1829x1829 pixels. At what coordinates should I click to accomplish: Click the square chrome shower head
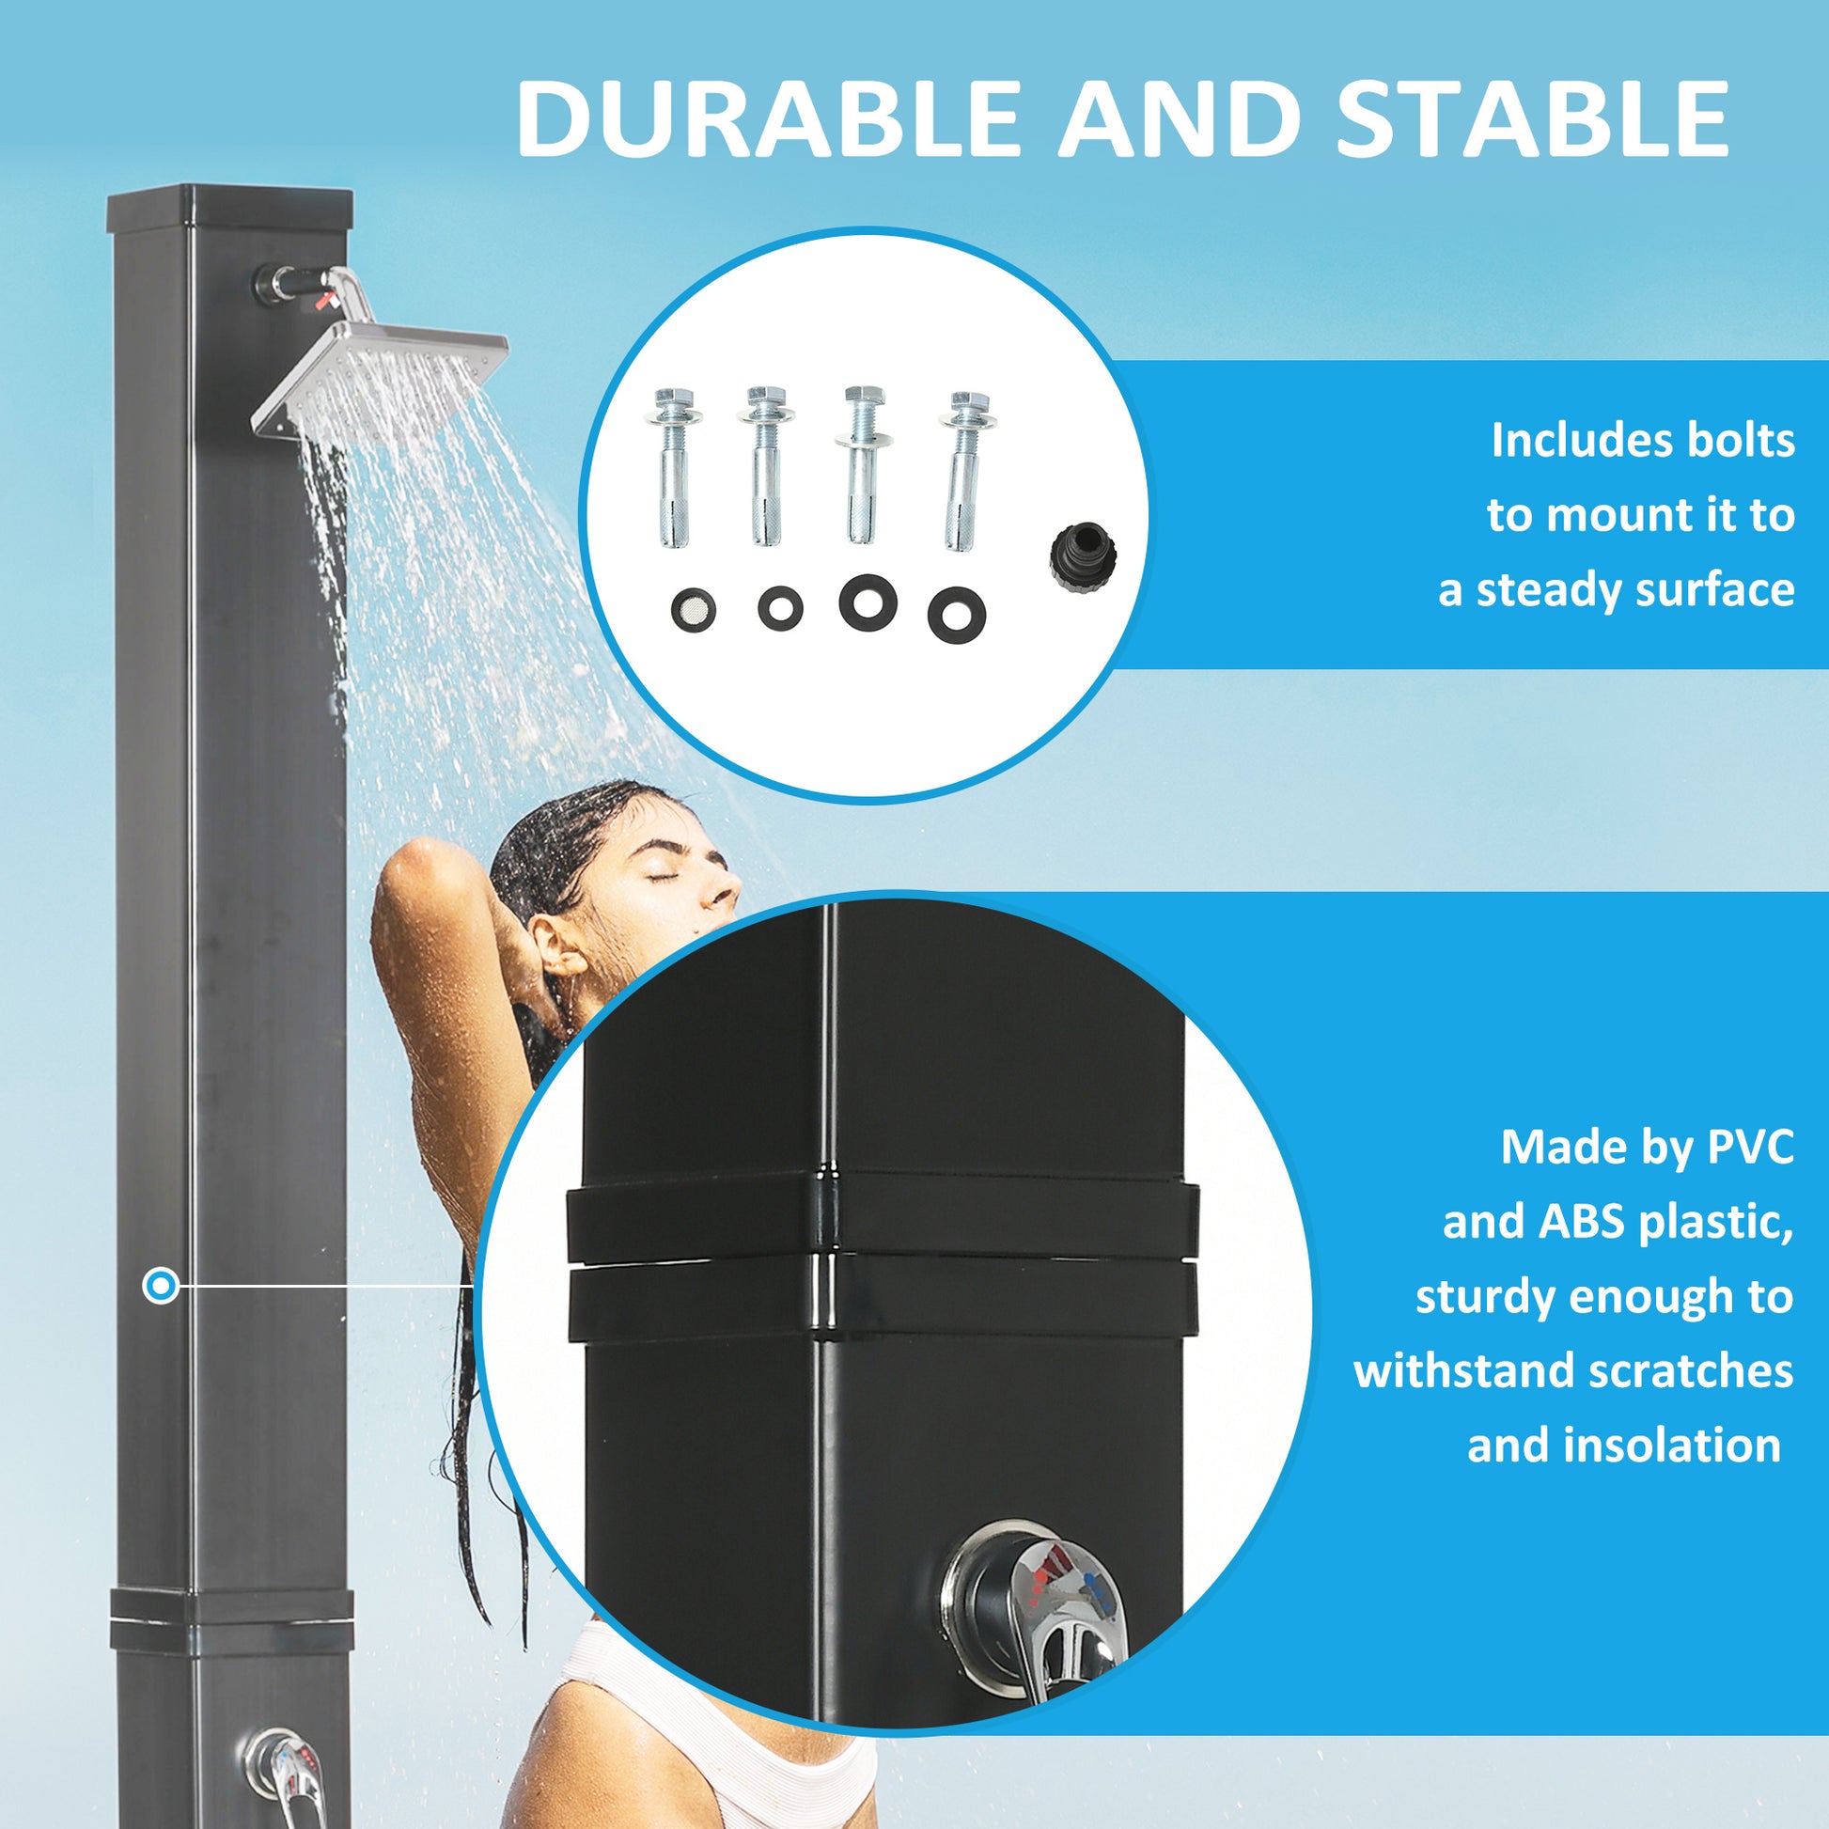pyautogui.click(x=379, y=379)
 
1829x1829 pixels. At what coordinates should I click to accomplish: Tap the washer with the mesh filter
pyautogui.click(x=693, y=612)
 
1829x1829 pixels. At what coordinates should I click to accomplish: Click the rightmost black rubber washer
pyautogui.click(x=957, y=616)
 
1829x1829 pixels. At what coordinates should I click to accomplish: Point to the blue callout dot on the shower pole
pyautogui.click(x=161, y=1286)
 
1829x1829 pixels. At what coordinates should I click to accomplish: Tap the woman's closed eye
pyautogui.click(x=662, y=876)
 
